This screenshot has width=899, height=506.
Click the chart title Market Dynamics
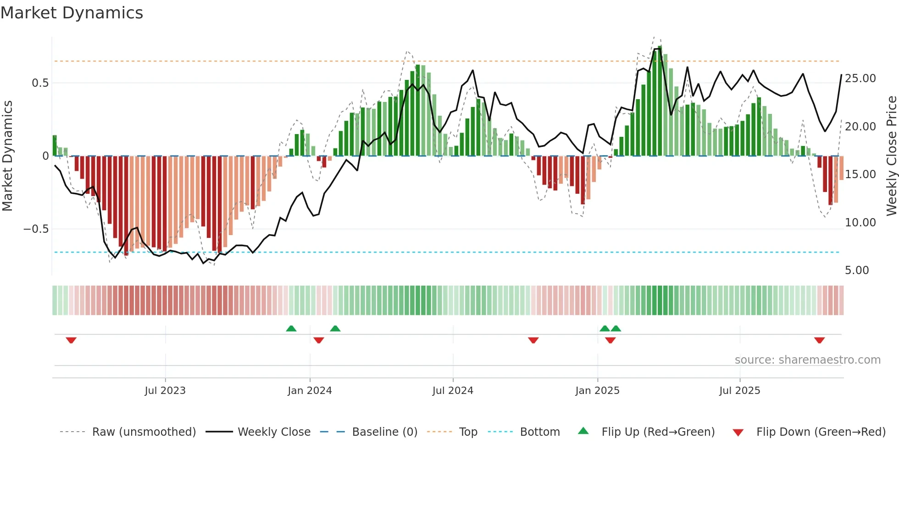(72, 13)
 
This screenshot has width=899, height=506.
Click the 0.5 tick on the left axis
(40, 83)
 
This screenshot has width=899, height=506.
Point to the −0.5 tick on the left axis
(36, 229)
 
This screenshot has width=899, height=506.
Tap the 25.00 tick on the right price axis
(860, 79)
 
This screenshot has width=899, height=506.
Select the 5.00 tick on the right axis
(857, 270)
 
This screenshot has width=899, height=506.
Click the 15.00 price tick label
(860, 174)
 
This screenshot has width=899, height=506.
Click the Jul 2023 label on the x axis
(165, 391)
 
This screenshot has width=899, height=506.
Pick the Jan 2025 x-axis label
(597, 391)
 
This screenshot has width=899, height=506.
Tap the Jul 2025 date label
(739, 391)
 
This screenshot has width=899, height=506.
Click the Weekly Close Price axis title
(891, 156)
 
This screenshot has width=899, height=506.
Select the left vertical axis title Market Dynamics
(7, 156)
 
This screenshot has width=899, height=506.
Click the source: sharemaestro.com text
(807, 360)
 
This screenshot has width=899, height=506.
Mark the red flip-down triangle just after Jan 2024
(319, 340)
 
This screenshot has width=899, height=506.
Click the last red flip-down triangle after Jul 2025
(819, 340)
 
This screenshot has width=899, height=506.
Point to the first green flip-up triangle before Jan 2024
(291, 328)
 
